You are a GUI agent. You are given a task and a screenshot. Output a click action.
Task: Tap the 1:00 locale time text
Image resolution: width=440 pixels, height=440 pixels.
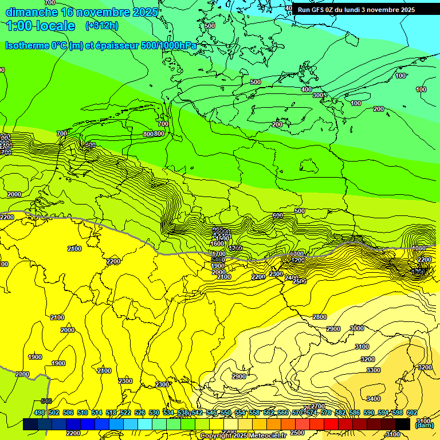click(x=41, y=26)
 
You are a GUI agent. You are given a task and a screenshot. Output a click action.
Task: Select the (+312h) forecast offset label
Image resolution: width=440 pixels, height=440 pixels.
click(x=102, y=25)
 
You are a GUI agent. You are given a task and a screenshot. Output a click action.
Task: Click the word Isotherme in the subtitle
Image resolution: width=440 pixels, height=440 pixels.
click(x=26, y=45)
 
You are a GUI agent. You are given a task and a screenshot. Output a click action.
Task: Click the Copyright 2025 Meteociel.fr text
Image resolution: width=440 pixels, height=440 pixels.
click(x=243, y=436)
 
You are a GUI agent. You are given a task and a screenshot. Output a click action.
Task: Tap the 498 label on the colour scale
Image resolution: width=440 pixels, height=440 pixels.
click(x=40, y=412)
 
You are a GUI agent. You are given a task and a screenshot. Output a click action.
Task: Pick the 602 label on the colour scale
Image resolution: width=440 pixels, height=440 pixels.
click(x=412, y=412)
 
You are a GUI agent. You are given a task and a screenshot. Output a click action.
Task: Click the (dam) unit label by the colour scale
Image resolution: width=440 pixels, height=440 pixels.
click(x=424, y=425)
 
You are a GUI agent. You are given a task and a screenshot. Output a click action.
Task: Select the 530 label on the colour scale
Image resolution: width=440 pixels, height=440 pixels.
click(x=154, y=412)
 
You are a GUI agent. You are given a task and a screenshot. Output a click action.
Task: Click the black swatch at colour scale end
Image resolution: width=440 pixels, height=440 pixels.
click(x=403, y=424)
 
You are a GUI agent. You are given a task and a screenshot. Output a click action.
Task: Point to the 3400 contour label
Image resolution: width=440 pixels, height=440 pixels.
click(x=373, y=399)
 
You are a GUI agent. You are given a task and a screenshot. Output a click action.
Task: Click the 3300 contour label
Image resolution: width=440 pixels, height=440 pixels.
click(x=373, y=370)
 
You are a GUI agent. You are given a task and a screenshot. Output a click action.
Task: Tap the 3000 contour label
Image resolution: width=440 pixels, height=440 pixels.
click(x=356, y=328)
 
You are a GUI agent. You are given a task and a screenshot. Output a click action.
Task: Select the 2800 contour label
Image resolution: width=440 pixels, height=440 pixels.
click(x=319, y=317)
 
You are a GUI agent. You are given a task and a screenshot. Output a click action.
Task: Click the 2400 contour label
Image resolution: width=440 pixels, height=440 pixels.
click(x=291, y=278)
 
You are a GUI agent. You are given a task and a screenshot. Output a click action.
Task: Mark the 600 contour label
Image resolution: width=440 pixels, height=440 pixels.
click(x=278, y=215)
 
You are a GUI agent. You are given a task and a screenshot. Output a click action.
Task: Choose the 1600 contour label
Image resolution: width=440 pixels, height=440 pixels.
click(x=217, y=243)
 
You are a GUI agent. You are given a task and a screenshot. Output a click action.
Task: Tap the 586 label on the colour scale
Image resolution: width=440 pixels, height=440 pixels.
click(x=355, y=412)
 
